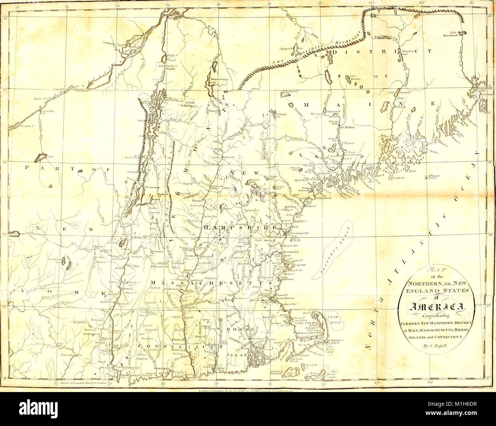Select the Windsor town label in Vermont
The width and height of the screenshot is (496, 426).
click(x=197, y=200)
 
